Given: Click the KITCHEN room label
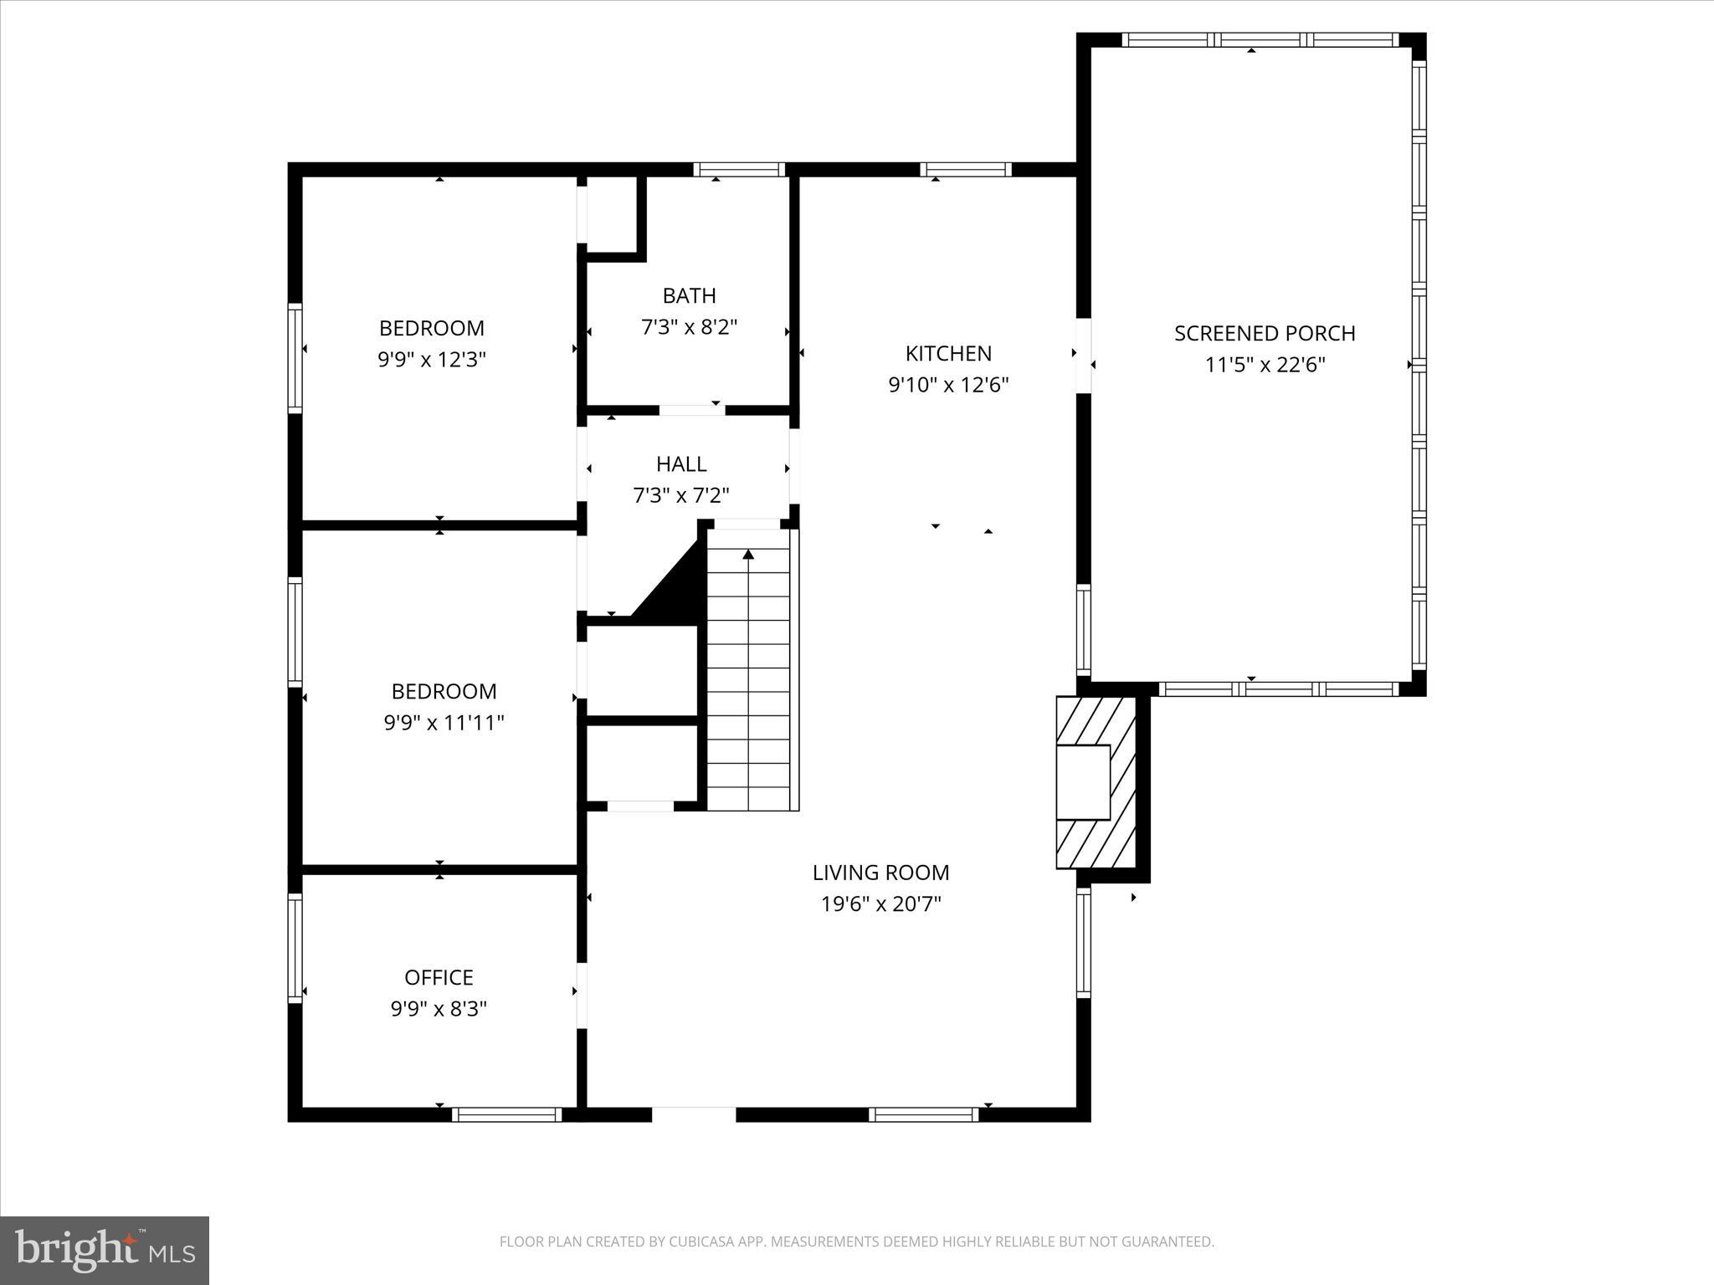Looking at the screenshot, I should tap(948, 353).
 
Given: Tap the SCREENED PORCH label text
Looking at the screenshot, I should tap(1265, 333).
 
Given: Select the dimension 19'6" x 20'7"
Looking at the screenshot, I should tap(881, 904).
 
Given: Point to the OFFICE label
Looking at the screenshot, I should tap(439, 977).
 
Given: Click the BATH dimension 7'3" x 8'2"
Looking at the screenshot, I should tap(689, 327).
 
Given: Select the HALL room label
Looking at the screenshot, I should tap(681, 463).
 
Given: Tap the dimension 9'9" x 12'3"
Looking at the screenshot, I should tap(432, 360).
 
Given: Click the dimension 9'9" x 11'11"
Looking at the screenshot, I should tap(444, 723).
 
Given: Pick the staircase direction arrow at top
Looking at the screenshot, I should tap(748, 554).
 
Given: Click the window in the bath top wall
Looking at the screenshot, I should tap(739, 170).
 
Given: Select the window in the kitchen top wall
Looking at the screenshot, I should tap(966, 170).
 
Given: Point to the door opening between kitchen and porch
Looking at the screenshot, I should tap(1083, 356).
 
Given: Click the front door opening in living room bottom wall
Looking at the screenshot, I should tap(694, 1114).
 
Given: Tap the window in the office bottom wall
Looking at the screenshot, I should tap(506, 1114).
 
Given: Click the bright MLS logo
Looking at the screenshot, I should tap(105, 1250).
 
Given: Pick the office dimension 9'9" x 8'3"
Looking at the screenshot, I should tap(439, 1009).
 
